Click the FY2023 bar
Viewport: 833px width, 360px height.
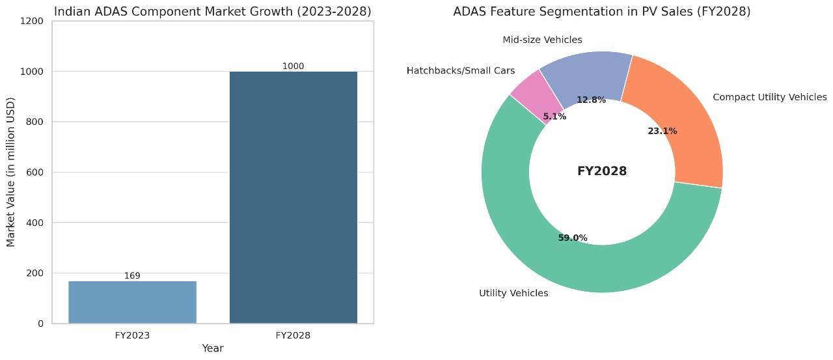click(132, 302)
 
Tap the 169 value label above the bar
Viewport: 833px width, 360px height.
click(132, 276)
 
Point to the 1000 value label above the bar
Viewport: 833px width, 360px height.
click(293, 66)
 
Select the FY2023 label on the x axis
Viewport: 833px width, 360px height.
click(132, 336)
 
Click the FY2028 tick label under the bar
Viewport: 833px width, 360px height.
click(293, 336)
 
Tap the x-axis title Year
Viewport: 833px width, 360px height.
click(213, 349)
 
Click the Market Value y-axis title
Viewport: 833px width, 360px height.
click(11, 172)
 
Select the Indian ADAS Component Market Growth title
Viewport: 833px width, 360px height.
click(213, 12)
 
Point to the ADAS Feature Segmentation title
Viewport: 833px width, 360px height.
click(602, 12)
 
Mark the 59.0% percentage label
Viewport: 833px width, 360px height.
click(573, 238)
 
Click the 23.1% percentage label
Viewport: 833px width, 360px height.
click(662, 132)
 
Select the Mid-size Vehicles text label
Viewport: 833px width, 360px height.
click(542, 40)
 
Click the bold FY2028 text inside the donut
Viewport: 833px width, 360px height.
click(602, 172)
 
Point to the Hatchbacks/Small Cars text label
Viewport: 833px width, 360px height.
click(461, 71)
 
